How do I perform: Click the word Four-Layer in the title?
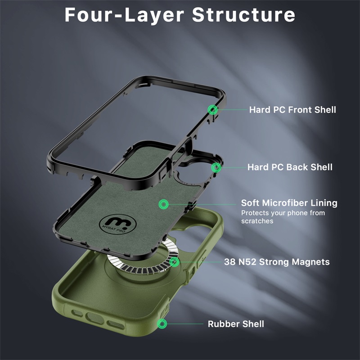124,15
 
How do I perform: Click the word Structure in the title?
243,15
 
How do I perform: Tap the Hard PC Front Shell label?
292,110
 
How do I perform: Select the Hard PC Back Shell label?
290,167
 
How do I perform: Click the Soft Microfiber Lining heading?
289,203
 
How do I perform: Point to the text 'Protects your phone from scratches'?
283,217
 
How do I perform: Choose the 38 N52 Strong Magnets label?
277,262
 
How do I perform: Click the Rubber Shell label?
236,324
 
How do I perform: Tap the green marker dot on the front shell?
213,110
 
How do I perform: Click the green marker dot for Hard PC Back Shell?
216,167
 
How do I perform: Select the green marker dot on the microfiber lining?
164,204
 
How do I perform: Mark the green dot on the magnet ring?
174,262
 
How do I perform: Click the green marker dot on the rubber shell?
162,324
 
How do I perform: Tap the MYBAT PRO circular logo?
117,224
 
